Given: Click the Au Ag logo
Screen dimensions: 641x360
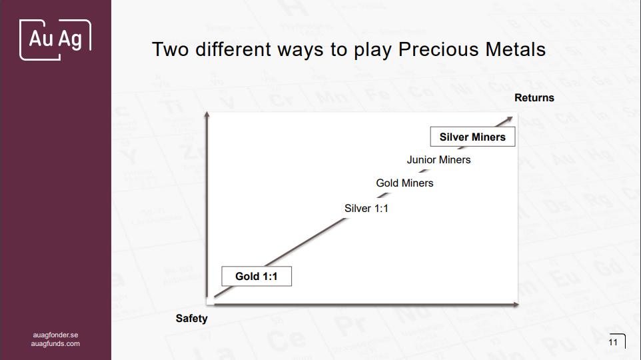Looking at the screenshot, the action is (x=55, y=40).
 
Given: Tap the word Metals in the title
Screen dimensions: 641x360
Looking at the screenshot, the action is (x=516, y=49).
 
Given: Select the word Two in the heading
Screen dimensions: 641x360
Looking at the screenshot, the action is (x=171, y=49).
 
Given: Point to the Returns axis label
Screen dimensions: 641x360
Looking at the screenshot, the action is (x=534, y=98).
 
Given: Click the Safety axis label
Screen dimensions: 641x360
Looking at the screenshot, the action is (x=192, y=318).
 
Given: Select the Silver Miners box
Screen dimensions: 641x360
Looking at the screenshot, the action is (x=472, y=137).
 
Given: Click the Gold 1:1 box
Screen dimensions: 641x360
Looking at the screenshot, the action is (x=257, y=276).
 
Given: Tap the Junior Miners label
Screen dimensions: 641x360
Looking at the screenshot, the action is (x=438, y=159).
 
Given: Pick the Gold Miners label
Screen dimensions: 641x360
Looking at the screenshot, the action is (x=404, y=183).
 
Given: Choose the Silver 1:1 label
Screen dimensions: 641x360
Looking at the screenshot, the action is (x=366, y=208).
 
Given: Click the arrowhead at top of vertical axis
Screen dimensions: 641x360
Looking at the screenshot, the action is (x=207, y=114).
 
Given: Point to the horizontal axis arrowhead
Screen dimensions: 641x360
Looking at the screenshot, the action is (x=516, y=305).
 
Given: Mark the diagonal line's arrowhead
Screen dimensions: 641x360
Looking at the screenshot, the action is (x=509, y=119).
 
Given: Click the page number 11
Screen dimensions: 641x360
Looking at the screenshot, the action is (x=613, y=342).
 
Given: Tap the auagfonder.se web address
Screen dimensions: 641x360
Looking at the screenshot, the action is (x=55, y=335).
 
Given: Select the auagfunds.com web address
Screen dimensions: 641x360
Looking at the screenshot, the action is (x=55, y=343).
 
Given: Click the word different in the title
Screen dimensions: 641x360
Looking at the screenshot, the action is (x=233, y=49).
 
